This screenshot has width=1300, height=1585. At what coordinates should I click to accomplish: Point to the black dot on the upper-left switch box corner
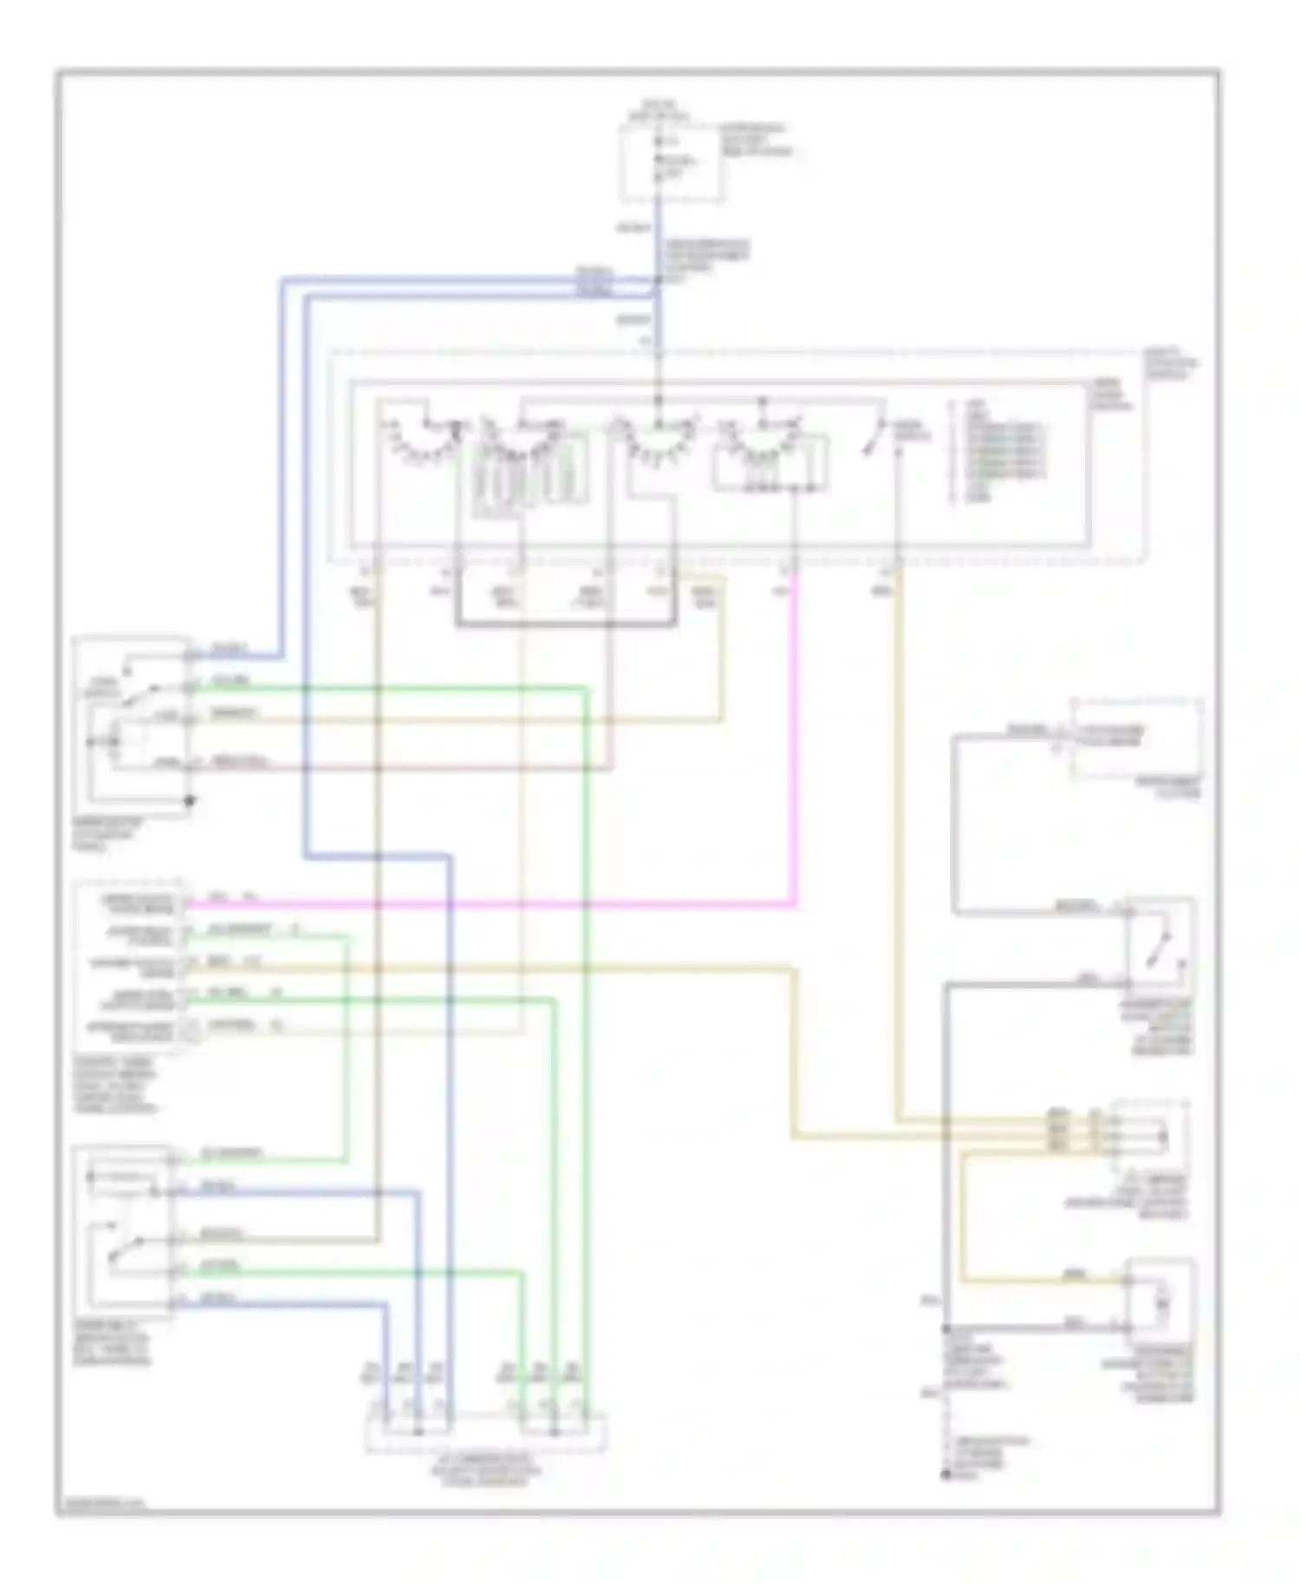pos(190,801)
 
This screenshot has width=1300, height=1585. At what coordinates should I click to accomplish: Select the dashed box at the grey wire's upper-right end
pos(1136,739)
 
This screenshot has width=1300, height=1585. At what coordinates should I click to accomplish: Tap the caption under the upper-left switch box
pos(104,834)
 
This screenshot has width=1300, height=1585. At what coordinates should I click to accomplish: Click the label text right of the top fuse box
pos(754,139)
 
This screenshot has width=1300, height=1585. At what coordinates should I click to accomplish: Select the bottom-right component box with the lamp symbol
pos(1160,1298)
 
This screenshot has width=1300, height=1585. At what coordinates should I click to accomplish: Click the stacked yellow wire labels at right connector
pos(1057,1129)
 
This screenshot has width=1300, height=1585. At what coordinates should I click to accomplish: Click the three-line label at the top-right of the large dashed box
pos(1170,364)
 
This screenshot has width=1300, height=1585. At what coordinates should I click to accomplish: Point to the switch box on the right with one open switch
pos(1160,943)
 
